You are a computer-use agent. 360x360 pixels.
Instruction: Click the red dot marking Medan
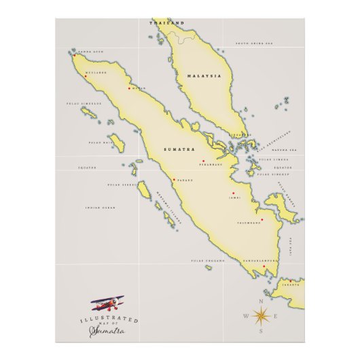[129, 88]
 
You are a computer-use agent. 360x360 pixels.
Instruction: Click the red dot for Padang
[175, 179]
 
